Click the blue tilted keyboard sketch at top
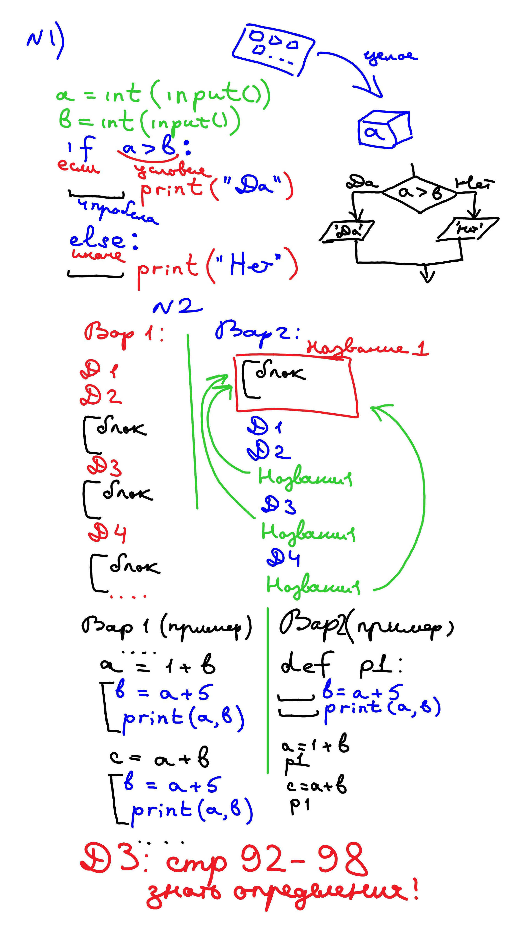(273, 49)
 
